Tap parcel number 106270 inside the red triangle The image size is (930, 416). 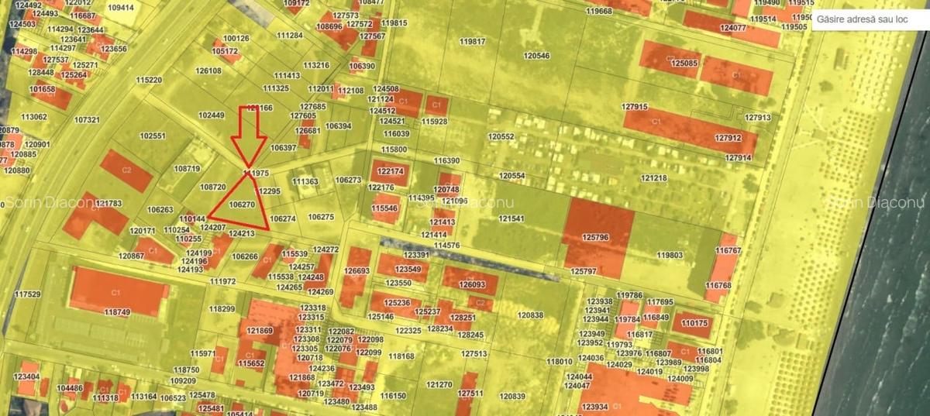[x=243, y=205]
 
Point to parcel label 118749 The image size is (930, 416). [x=117, y=311]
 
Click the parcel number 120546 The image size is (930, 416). [x=536, y=56]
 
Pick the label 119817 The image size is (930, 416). [x=472, y=41]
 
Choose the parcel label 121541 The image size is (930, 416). [x=511, y=218]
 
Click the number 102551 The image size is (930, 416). [x=153, y=136]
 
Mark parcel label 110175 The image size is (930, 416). [x=694, y=323]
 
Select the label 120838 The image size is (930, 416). [x=531, y=315]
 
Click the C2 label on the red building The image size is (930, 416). [x=126, y=169]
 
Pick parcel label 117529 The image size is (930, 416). [x=27, y=294]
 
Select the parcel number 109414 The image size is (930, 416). [x=121, y=7]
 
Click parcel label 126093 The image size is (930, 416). [x=472, y=284]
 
